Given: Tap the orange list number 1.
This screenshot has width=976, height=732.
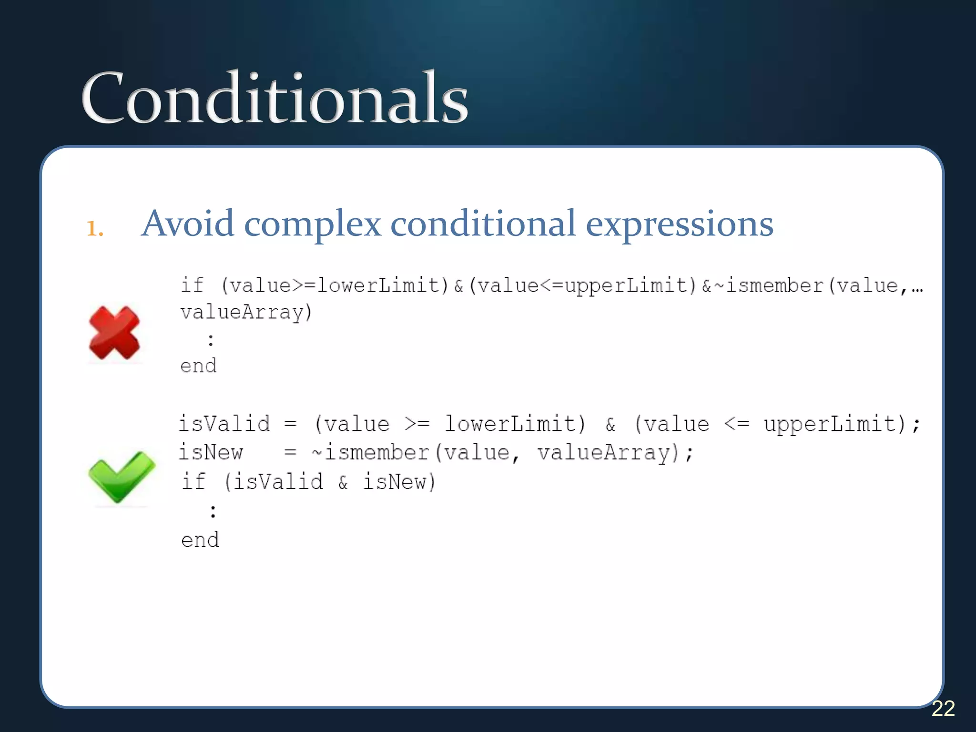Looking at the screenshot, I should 94,229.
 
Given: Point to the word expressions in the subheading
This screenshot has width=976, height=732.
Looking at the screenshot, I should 679,224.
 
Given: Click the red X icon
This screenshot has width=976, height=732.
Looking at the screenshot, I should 114,333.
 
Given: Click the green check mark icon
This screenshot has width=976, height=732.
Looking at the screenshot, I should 122,477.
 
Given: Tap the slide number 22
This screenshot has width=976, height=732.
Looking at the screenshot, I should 943,709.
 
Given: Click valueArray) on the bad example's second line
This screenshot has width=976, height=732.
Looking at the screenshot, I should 246,313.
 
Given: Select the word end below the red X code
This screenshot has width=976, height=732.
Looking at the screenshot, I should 198,366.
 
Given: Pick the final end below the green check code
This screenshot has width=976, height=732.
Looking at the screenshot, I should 200,540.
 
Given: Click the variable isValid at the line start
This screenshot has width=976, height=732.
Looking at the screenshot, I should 224,424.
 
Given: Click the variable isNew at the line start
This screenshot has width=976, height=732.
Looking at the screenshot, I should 211,452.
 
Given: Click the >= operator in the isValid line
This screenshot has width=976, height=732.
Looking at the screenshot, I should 417,424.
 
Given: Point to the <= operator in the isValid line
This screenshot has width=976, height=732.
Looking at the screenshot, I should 736,424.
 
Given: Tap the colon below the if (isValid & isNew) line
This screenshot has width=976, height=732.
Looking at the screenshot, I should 213,511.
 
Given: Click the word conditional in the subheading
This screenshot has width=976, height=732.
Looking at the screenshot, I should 483,224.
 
